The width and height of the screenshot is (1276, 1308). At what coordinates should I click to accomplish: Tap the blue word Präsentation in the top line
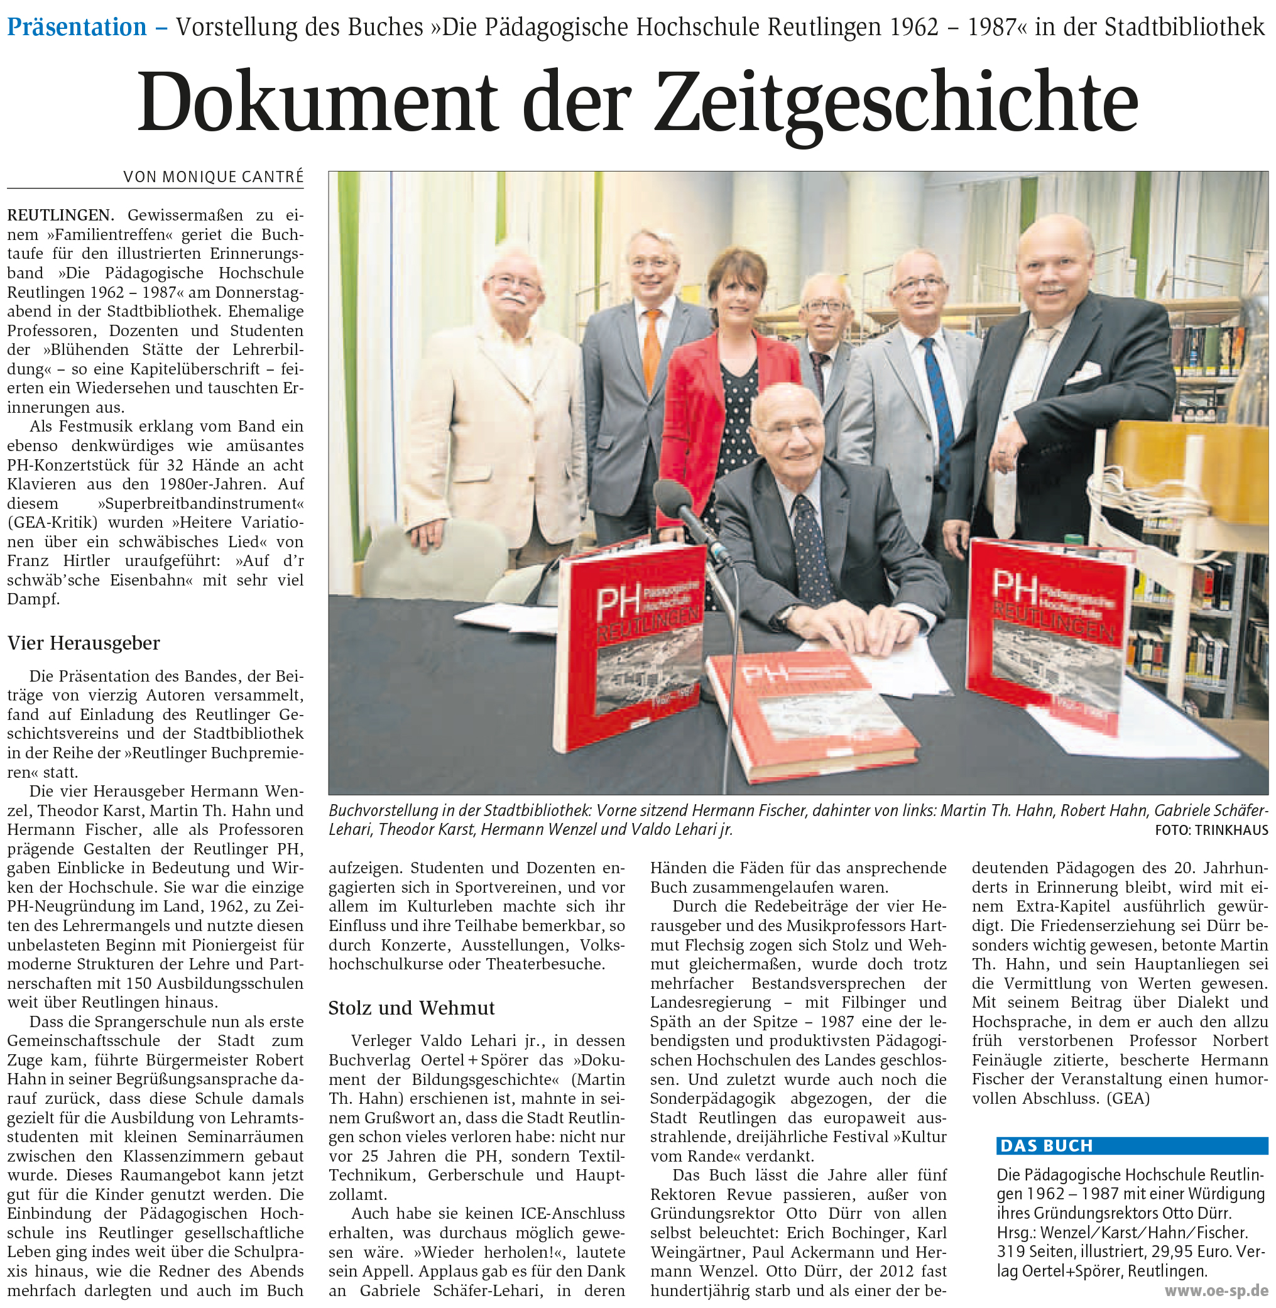point(77,28)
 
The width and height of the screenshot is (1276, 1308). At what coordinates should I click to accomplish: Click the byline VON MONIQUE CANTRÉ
point(213,177)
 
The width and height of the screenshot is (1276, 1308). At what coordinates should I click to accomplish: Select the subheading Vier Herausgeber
point(84,643)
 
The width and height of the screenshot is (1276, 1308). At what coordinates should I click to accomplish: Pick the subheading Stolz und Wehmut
point(412,1008)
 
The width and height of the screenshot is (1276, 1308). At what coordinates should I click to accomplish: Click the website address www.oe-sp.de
point(1216,1290)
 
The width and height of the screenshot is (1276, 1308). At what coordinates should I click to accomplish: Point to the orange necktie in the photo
point(652,349)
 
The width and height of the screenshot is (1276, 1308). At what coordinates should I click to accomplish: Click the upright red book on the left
point(630,643)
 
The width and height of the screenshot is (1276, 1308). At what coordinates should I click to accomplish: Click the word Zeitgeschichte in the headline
point(896,102)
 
